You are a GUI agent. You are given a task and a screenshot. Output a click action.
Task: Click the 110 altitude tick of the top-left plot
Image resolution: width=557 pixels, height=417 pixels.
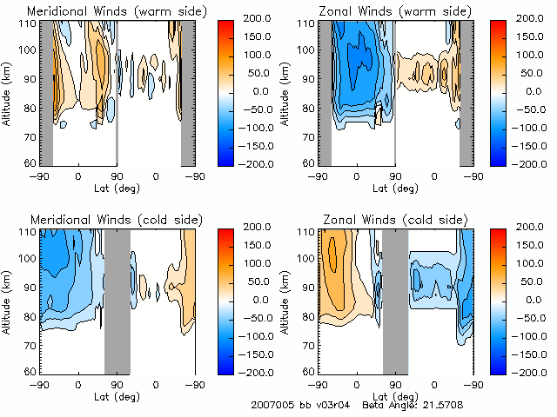coord(29,23)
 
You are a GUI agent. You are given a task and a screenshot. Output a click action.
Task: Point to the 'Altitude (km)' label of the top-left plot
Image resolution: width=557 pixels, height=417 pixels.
coord(8,93)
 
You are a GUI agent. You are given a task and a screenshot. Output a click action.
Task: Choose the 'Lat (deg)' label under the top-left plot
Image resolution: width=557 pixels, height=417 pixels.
coord(117,186)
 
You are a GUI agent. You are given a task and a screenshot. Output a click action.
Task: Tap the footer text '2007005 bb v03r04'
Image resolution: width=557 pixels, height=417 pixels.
coord(297,405)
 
